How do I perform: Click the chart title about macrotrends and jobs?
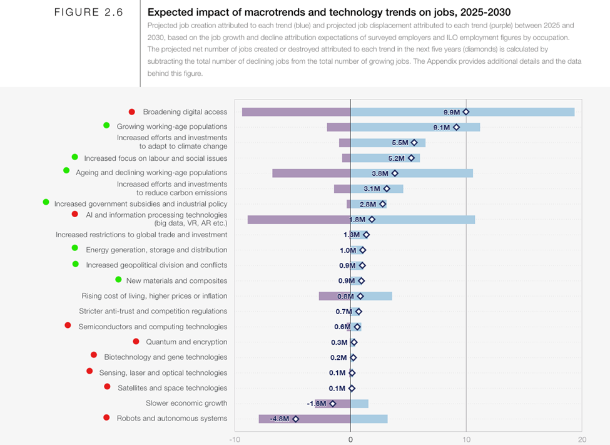pos(328,12)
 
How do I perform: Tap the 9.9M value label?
pos(452,112)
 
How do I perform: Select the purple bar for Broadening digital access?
pos(296,112)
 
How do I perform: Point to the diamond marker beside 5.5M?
pos(414,143)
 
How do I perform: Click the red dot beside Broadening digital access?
pos(132,112)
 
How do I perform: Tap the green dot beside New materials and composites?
pos(119,280)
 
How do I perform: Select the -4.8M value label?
pos(279,419)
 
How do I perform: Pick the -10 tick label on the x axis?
pos(235,439)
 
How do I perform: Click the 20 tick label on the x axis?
pos(582,439)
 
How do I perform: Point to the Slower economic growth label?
pos(186,403)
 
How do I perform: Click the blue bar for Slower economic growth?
pos(360,404)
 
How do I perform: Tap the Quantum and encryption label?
pos(186,342)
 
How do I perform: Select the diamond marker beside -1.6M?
pos(333,404)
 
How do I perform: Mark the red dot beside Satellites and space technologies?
pos(108,387)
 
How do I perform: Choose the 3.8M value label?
pos(380,173)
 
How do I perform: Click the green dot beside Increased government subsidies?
pos(46,202)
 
